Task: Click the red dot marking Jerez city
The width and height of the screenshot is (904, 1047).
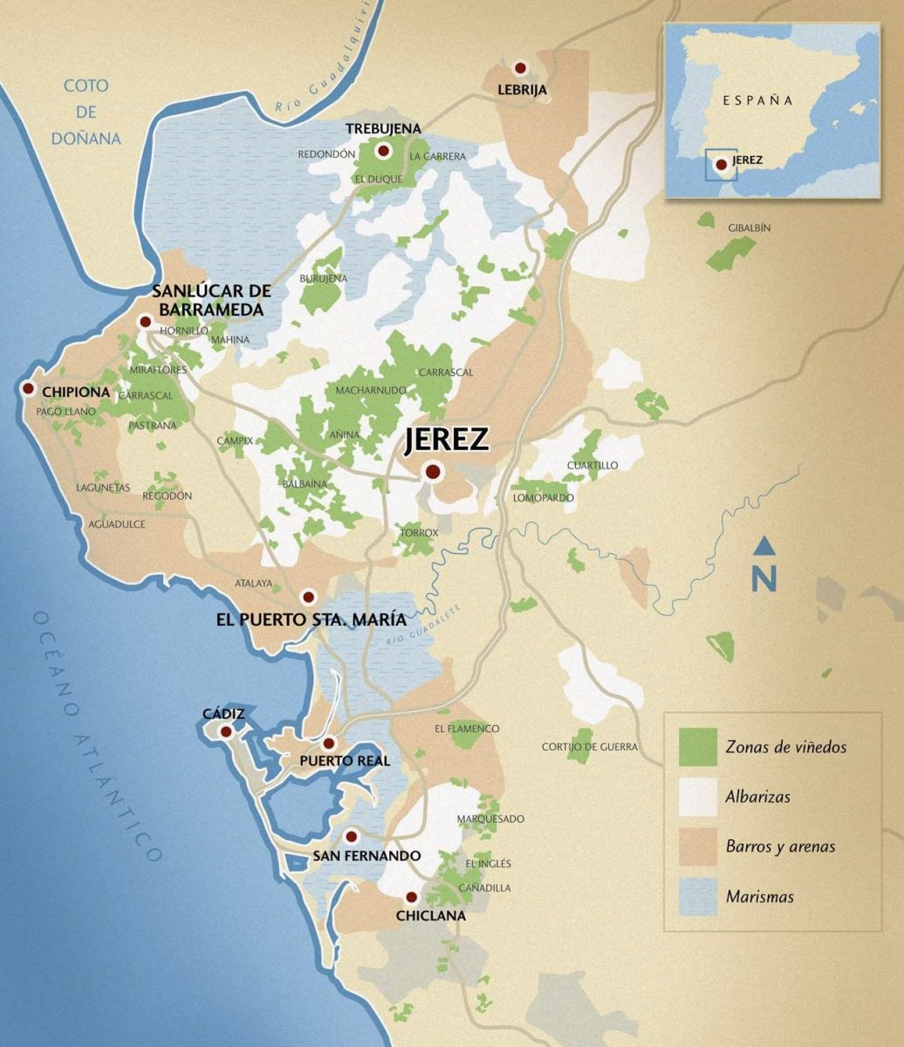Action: [x=432, y=472]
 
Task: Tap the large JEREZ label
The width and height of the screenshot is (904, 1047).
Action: [x=446, y=440]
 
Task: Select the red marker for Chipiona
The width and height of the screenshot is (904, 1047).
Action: [x=28, y=389]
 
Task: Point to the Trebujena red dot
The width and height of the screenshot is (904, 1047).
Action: [x=382, y=151]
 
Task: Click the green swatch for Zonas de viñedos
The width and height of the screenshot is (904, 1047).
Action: [x=698, y=747]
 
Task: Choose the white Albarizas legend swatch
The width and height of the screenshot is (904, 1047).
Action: [x=698, y=797]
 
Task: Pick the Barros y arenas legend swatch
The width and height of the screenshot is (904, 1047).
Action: [x=698, y=846]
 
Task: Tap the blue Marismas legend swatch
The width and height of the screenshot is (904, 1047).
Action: [x=698, y=896]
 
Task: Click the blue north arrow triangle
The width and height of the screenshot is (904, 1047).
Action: [x=764, y=546]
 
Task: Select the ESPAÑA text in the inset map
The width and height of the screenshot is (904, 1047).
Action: [x=757, y=100]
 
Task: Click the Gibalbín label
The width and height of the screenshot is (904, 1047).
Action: [x=750, y=228]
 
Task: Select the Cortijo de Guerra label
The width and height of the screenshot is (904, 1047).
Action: [x=589, y=747]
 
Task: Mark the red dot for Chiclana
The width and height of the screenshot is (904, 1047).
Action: [x=411, y=897]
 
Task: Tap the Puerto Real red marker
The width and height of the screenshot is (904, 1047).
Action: [x=329, y=743]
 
